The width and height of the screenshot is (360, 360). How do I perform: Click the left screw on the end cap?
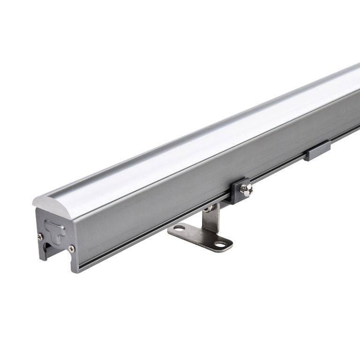(41, 237)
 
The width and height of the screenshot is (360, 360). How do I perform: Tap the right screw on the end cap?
(71, 248)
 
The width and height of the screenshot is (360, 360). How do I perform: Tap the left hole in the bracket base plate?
(180, 229)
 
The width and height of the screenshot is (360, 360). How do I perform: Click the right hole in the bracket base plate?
(220, 244)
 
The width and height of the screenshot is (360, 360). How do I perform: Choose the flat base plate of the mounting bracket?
(201, 237)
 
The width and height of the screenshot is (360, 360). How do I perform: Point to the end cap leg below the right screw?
(73, 262)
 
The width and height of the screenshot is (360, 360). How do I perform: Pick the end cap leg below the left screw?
(42, 251)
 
